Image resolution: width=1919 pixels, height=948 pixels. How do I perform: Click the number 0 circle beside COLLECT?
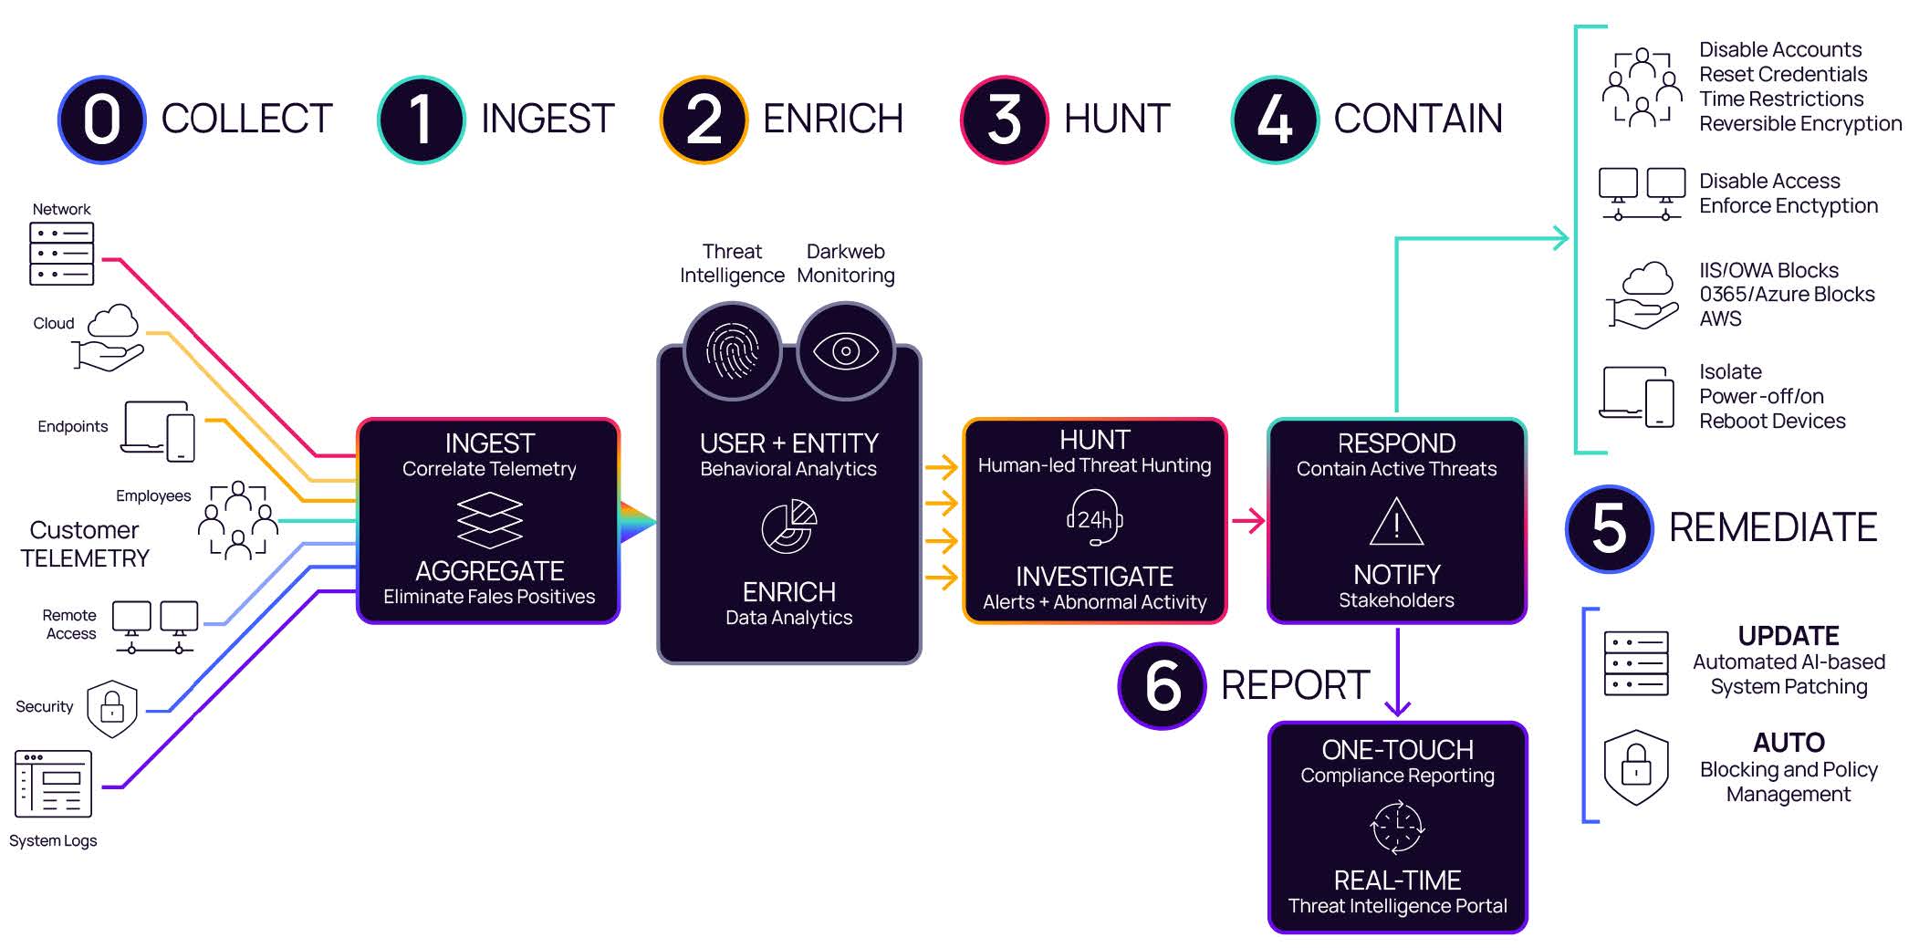click(102, 120)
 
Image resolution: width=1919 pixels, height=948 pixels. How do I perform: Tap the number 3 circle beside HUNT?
click(1004, 120)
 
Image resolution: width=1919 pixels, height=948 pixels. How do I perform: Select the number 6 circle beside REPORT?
click(1162, 685)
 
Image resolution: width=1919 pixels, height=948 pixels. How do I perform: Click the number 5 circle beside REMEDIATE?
click(1609, 528)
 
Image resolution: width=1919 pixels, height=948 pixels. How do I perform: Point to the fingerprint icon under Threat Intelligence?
click(732, 351)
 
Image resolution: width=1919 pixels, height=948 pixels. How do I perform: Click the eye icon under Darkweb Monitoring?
click(846, 351)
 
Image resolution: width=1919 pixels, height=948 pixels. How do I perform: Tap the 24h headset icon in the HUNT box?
click(1094, 519)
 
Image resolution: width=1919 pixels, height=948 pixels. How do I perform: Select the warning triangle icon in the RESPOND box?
click(1396, 522)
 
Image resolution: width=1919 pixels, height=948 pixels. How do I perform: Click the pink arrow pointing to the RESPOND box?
click(1247, 521)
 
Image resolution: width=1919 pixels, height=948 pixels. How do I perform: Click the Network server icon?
click(61, 253)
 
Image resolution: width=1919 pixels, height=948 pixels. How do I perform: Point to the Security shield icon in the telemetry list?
click(112, 708)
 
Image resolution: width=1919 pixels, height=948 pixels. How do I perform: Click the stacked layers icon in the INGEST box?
click(489, 520)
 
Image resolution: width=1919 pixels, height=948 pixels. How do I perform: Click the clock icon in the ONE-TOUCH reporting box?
click(1397, 828)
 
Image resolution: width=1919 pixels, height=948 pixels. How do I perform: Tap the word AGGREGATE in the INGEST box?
click(489, 571)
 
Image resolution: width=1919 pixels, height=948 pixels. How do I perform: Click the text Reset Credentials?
click(1782, 74)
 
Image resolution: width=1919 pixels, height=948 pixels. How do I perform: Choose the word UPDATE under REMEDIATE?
click(1788, 636)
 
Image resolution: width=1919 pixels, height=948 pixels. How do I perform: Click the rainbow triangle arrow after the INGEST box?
click(637, 522)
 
